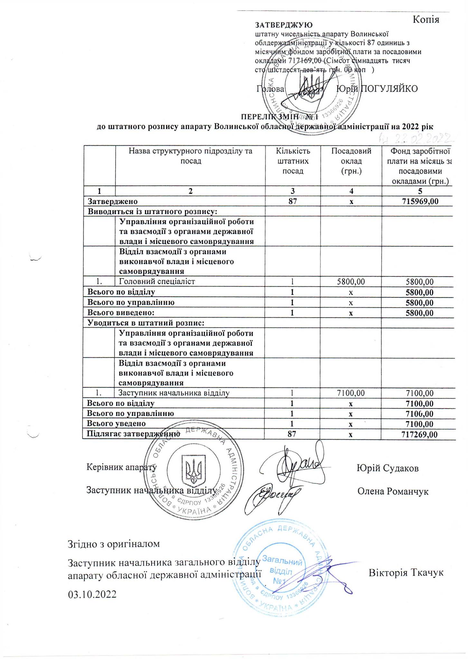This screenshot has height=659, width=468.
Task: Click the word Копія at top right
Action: tap(426, 20)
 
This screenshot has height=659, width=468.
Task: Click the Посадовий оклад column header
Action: tap(351, 161)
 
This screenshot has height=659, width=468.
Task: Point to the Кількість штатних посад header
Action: tap(293, 161)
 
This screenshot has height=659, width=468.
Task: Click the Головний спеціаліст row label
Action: tap(157, 282)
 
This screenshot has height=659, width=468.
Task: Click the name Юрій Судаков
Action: tap(388, 468)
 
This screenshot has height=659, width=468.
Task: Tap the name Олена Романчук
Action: tap(393, 491)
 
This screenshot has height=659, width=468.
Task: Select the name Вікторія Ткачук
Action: tap(406, 573)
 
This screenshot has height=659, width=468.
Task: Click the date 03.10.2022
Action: tap(92, 594)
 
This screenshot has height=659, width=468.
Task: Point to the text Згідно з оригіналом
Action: tap(114, 544)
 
